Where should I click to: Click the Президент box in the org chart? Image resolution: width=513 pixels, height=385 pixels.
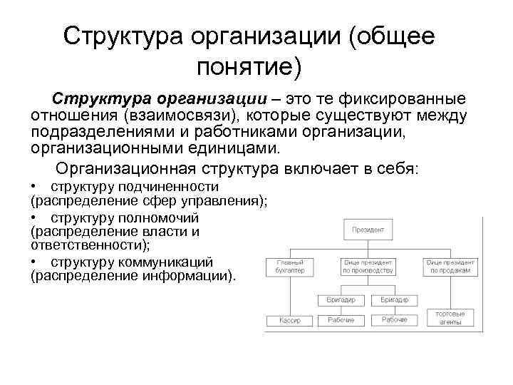click(x=368, y=230)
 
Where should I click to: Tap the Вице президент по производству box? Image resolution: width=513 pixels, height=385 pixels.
click(x=368, y=267)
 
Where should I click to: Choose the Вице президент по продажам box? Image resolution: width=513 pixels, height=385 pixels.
click(x=450, y=267)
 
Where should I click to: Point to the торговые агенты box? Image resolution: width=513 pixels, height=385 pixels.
click(x=450, y=317)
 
